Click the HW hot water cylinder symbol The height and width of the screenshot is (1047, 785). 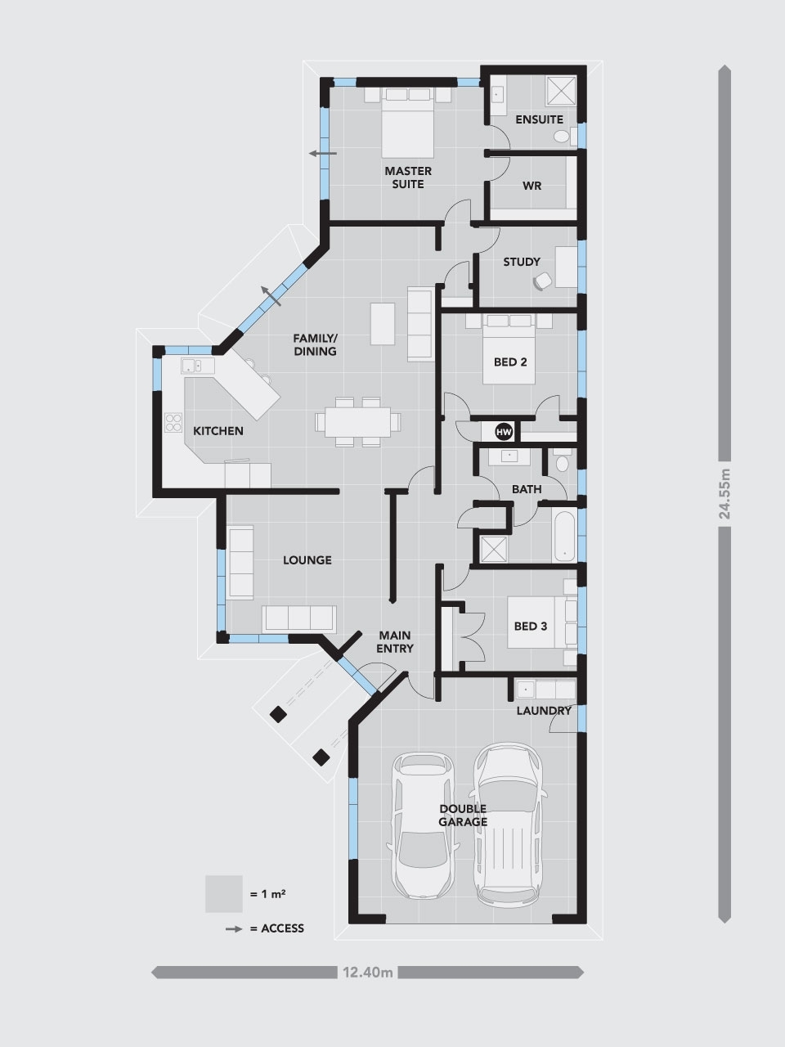point(504,431)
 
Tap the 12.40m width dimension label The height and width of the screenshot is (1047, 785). point(368,973)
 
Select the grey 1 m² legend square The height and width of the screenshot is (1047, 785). point(223,894)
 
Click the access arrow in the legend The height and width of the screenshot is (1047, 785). point(235,929)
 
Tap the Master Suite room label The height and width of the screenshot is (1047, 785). point(408,177)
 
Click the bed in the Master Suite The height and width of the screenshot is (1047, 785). point(408,123)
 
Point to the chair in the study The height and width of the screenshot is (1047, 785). point(541,281)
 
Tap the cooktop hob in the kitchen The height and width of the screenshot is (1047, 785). point(174,422)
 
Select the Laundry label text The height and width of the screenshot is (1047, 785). point(544,711)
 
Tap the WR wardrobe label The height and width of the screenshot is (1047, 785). point(532,186)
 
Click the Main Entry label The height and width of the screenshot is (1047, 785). point(395,641)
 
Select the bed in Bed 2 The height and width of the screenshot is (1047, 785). point(510,348)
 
